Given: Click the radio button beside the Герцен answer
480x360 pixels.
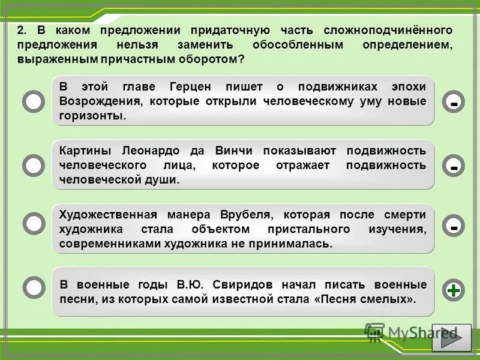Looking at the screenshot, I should coord(34,102).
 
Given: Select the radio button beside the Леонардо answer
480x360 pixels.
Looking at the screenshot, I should coord(34,165).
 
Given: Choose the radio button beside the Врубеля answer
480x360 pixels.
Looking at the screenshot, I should coord(34,224).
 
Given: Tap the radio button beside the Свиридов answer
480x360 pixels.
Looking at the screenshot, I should coord(34,287).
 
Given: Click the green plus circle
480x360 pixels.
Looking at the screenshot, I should coord(454,290).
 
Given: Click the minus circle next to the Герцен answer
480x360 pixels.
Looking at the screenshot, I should coord(454,103).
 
